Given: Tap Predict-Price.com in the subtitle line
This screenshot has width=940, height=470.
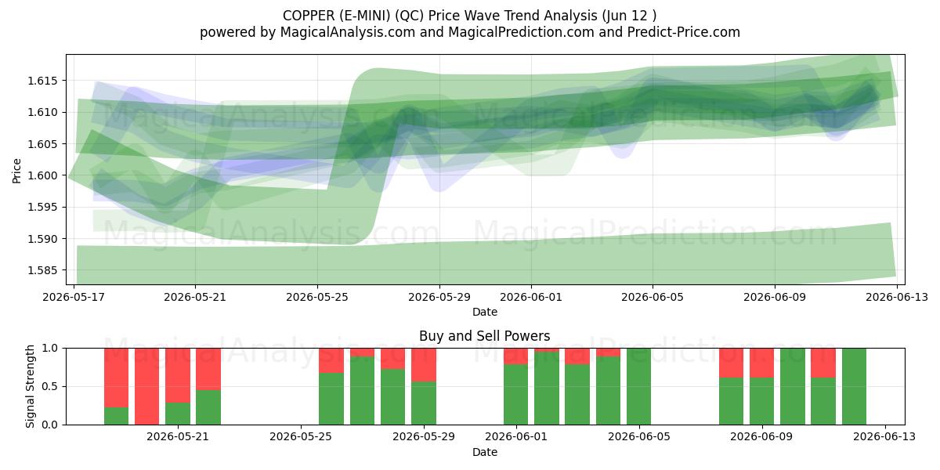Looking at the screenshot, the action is pyautogui.click(x=683, y=32).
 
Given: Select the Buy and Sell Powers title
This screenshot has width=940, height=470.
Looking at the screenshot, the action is pyautogui.click(x=484, y=336).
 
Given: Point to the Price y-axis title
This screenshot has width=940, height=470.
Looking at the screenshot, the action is pyautogui.click(x=16, y=171).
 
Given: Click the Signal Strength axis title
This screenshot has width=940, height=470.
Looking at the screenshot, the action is pyautogui.click(x=30, y=386).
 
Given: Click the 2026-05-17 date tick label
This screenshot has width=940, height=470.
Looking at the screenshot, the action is pyautogui.click(x=74, y=297).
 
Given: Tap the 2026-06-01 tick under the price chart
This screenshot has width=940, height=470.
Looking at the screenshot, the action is pyautogui.click(x=531, y=297).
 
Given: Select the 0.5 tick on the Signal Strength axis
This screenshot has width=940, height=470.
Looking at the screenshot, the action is pyautogui.click(x=50, y=386).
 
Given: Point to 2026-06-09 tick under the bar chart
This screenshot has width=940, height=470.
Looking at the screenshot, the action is pyautogui.click(x=761, y=437).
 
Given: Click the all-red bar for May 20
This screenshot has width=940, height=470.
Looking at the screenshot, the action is pyautogui.click(x=147, y=386).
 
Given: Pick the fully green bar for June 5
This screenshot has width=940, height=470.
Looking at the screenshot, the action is pyautogui.click(x=638, y=386).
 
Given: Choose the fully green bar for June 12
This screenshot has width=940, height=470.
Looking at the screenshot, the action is pyautogui.click(x=854, y=386).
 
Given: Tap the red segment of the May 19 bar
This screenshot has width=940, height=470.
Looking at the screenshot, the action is pyautogui.click(x=116, y=378).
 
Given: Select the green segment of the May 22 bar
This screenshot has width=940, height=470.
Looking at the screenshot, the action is pyautogui.click(x=208, y=407).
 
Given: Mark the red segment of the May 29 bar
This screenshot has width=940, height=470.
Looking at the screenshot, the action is pyautogui.click(x=424, y=365).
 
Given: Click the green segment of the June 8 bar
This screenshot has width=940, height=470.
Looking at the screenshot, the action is pyautogui.click(x=731, y=401).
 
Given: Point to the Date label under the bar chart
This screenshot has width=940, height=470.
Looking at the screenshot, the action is pyautogui.click(x=485, y=452).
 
